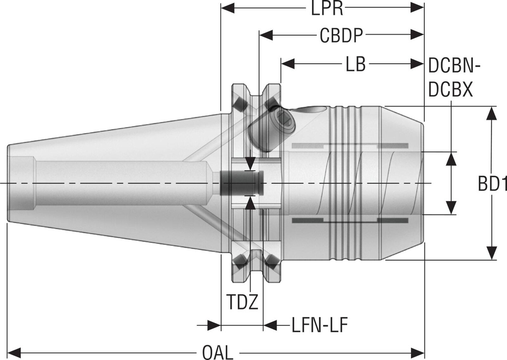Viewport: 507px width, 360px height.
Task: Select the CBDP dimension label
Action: pyautogui.click(x=342, y=36)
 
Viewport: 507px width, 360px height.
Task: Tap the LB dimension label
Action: pyautogui.click(x=355, y=64)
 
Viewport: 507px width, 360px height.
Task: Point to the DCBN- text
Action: pyautogui.click(x=455, y=65)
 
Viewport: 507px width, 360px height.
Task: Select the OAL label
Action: pyautogui.click(x=217, y=353)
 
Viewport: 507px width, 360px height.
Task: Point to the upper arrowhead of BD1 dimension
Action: pyautogui.click(x=491, y=113)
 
